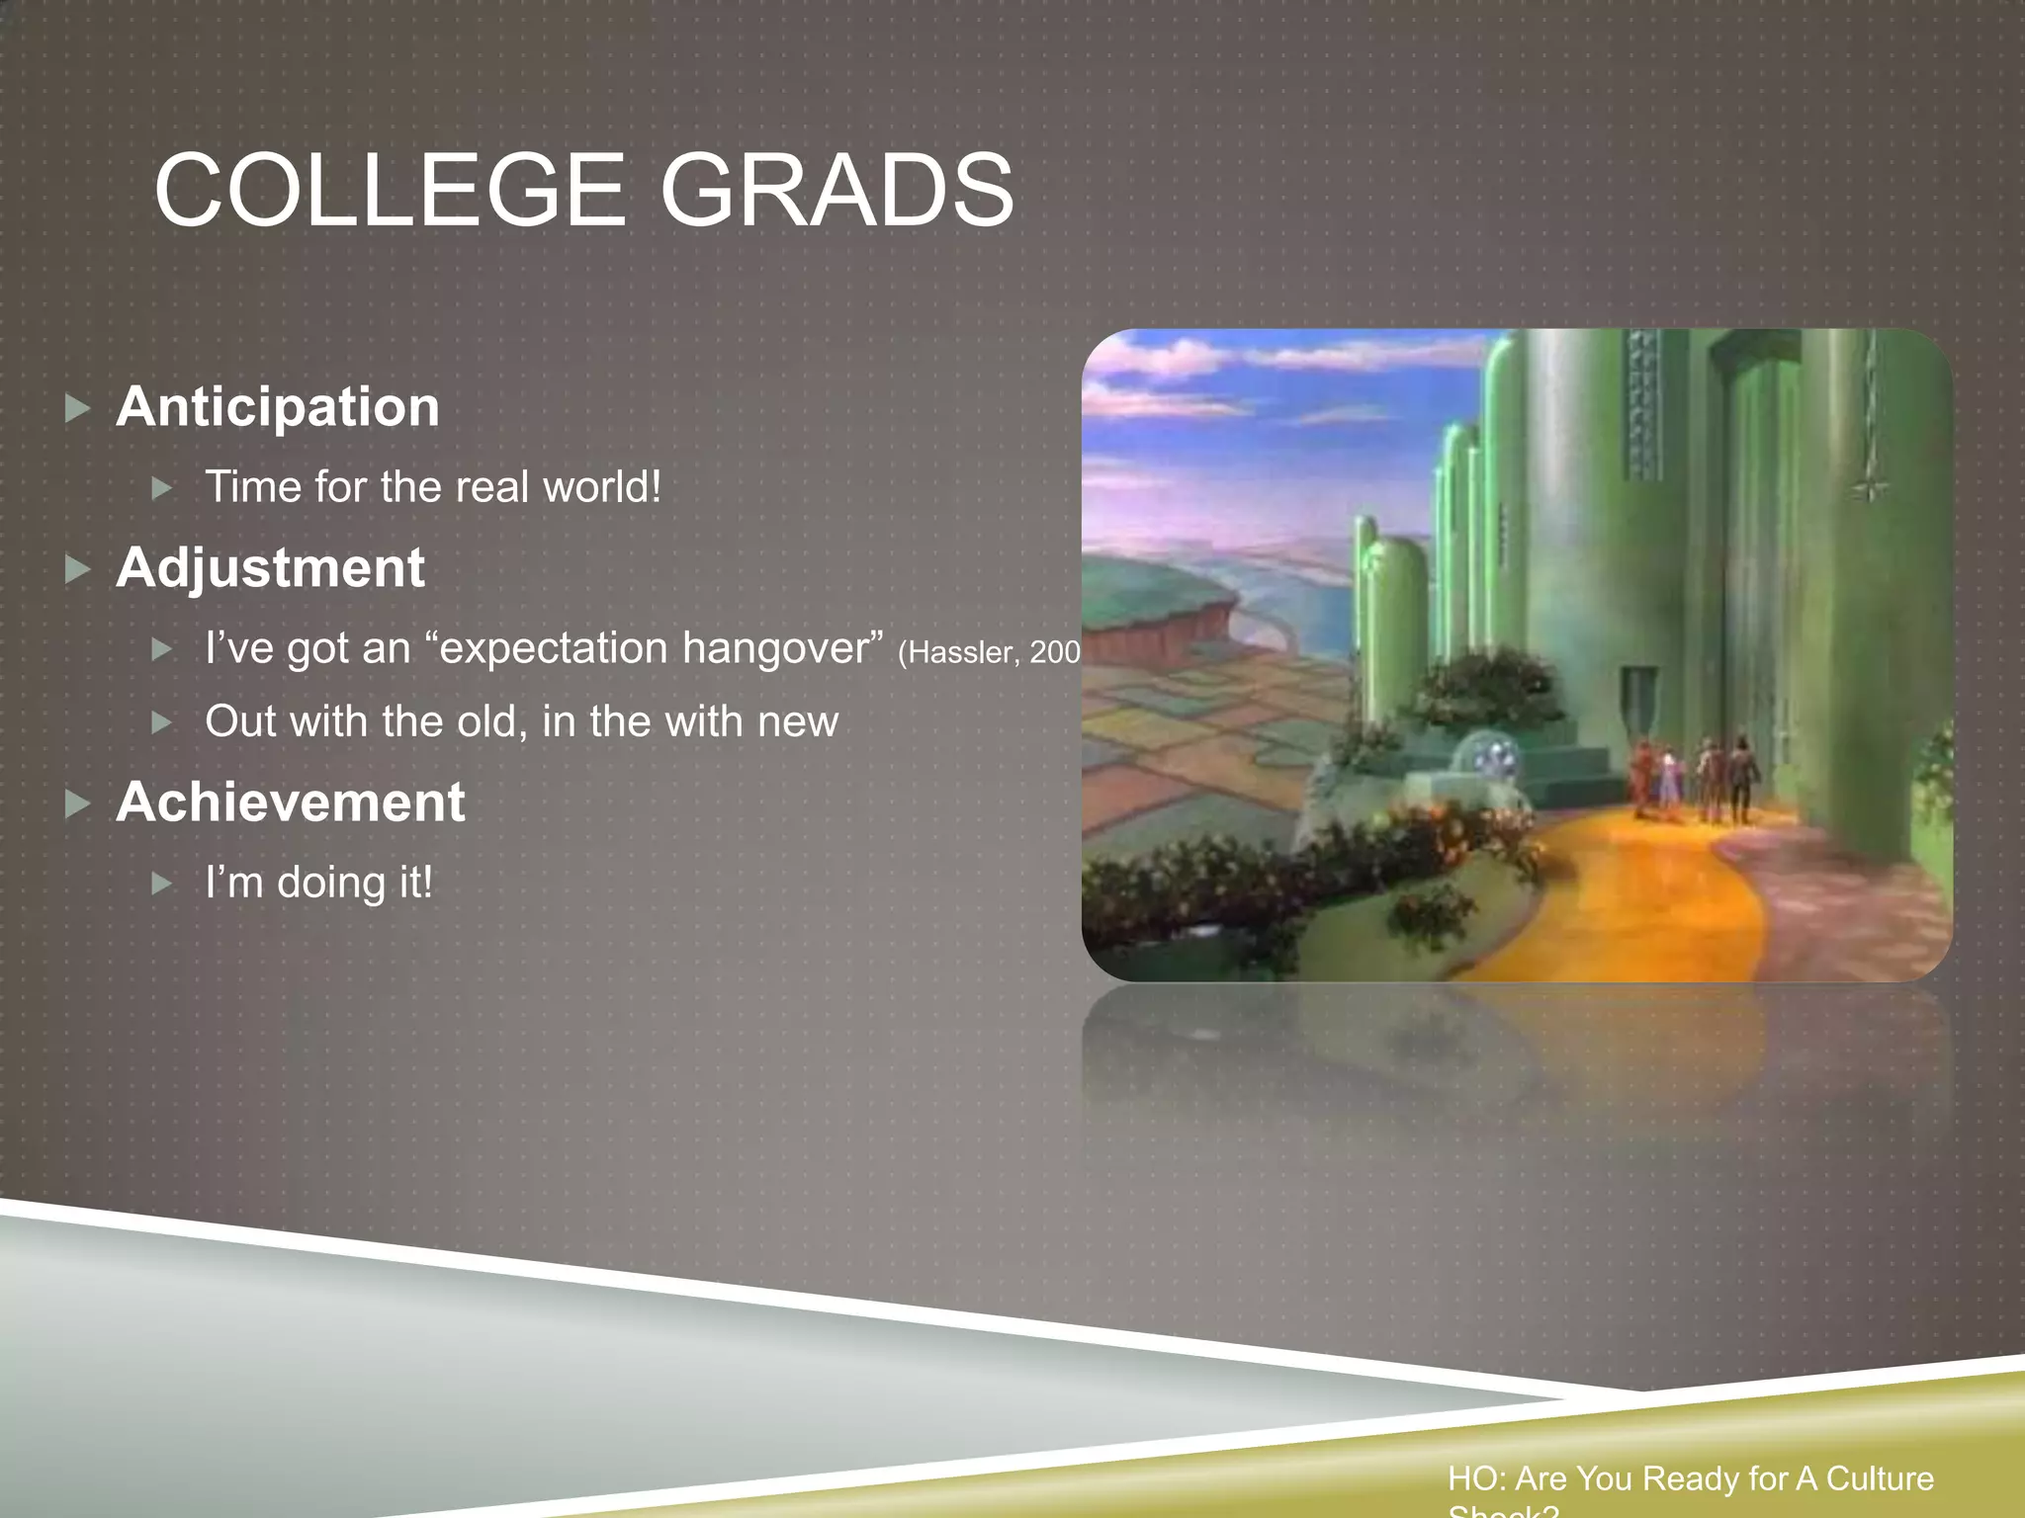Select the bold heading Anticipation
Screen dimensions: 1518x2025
tap(278, 406)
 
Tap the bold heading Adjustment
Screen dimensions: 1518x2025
tap(270, 568)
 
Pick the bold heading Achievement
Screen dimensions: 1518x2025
tap(290, 801)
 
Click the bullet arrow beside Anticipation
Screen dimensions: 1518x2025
tap(77, 408)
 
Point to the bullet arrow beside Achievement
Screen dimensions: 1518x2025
tap(77, 803)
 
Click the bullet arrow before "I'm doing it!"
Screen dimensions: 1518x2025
tap(162, 883)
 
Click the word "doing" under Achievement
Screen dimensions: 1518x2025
tap(330, 883)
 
